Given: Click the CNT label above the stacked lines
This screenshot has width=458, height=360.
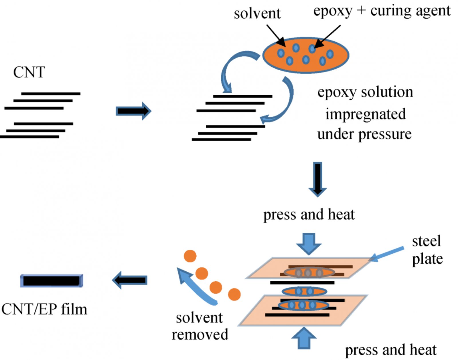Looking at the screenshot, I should click(29, 72).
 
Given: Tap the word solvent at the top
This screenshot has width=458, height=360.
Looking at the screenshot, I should click(257, 13).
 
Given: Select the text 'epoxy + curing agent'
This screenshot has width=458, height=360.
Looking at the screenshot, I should click(382, 11).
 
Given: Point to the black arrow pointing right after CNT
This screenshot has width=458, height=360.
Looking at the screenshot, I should click(133, 111).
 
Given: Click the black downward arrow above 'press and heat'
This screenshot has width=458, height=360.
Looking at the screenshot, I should click(318, 179).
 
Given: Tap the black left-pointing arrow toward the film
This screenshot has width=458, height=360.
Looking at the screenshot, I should click(130, 280).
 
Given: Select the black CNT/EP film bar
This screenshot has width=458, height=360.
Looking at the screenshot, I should click(52, 281).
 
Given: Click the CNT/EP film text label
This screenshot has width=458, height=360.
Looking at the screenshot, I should click(44, 309).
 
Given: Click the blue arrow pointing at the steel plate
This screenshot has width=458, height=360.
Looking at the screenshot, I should click(386, 254).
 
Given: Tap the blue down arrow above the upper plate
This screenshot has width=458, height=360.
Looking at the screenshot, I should click(309, 243).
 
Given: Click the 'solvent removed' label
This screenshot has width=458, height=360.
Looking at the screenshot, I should click(200, 326).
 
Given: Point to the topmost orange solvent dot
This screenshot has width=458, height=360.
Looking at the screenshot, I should click(190, 256).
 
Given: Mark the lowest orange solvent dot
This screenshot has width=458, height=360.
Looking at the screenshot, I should click(234, 294).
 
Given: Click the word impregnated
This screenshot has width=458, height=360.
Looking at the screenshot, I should click(366, 114).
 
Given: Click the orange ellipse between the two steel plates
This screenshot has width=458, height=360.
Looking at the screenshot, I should click(304, 292).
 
